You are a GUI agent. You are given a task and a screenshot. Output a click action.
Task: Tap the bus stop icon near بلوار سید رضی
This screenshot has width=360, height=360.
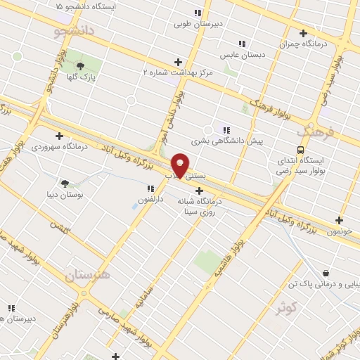pos(301,150)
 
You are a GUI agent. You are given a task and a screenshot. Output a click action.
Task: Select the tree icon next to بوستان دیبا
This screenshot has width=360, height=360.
pos(65,183)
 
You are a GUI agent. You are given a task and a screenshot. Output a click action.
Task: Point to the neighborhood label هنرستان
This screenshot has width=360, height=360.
pos(88,275)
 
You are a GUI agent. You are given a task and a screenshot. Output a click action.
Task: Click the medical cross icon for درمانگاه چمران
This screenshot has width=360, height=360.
pos(303,33)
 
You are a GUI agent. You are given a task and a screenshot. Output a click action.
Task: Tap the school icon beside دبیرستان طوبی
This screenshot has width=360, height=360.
pos(198,13)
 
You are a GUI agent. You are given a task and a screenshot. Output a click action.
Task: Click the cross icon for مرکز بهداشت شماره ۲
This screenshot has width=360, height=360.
pos(178,62)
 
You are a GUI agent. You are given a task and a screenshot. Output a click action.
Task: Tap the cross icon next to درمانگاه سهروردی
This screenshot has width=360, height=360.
pos(59,136)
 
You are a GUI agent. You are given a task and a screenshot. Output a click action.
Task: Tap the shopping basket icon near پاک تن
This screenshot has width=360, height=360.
pos(326,273)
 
